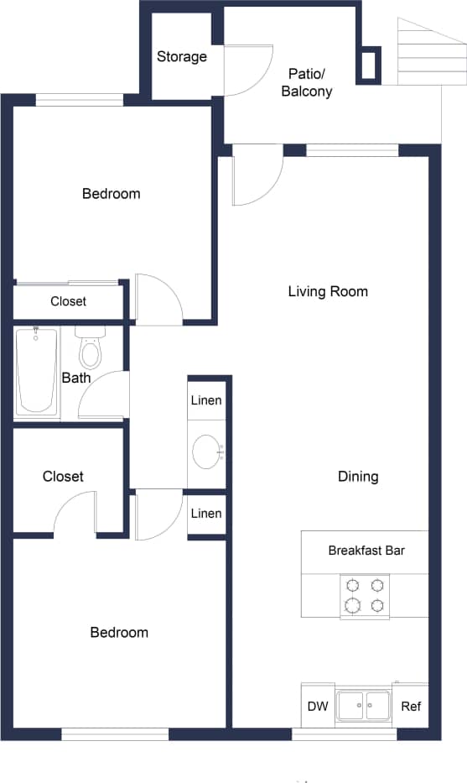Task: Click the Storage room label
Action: click(x=182, y=57)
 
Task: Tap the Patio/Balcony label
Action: click(x=306, y=82)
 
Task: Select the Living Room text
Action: click(x=328, y=292)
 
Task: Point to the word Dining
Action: click(x=358, y=477)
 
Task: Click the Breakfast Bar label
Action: click(x=366, y=551)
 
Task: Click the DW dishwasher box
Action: click(x=318, y=707)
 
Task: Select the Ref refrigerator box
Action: click(x=411, y=707)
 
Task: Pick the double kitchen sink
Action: click(x=364, y=706)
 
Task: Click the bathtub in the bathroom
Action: click(x=37, y=370)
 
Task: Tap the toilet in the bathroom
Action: click(x=89, y=350)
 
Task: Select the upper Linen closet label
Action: click(x=206, y=400)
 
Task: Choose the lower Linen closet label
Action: click(x=206, y=514)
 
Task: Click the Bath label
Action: click(x=76, y=378)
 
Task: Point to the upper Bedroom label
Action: click(x=112, y=194)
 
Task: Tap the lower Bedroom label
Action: click(x=119, y=633)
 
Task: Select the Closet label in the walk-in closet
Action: click(x=63, y=477)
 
